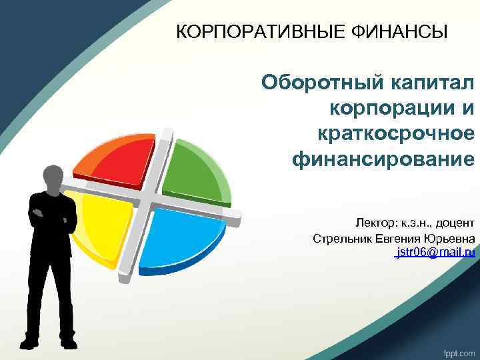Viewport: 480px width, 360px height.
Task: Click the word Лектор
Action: pos(376,222)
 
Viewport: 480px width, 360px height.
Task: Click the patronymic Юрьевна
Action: pos(451,238)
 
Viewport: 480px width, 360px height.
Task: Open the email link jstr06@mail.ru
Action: pos(435,253)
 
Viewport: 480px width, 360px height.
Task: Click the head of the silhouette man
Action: pos(53,175)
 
